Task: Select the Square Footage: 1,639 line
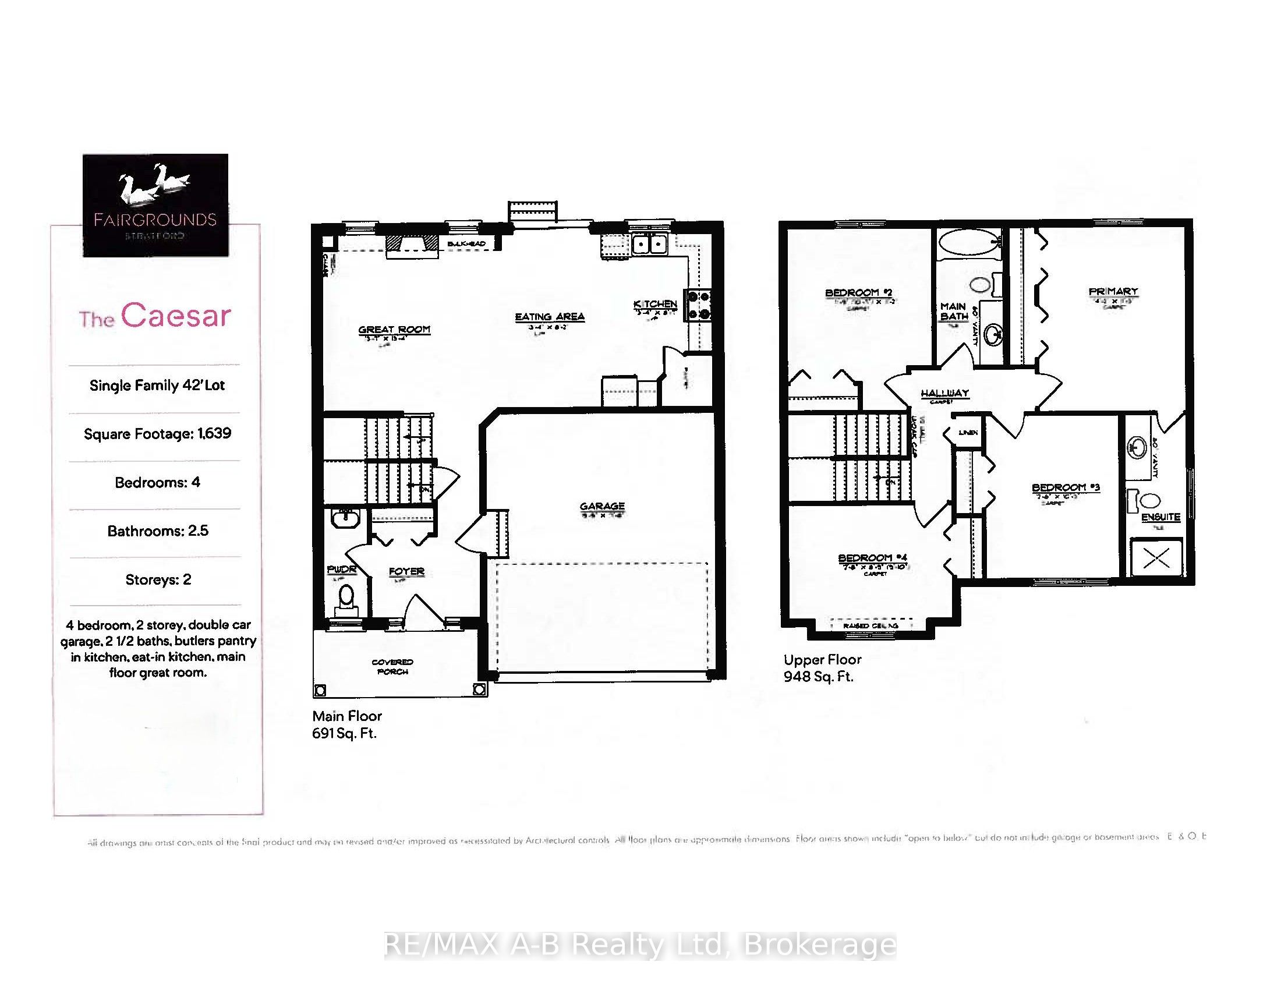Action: click(x=157, y=434)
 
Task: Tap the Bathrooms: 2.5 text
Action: click(x=158, y=531)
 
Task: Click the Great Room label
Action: click(x=394, y=330)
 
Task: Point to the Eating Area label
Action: click(x=550, y=317)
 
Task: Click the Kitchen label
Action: click(x=655, y=304)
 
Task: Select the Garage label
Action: click(x=602, y=506)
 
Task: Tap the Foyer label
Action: click(x=406, y=571)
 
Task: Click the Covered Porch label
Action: click(x=392, y=667)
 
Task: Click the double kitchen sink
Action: click(x=649, y=243)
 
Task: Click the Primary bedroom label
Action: click(x=1113, y=292)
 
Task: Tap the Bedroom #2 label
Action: click(x=859, y=293)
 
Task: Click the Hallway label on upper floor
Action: click(x=944, y=393)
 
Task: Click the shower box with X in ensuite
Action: click(x=1156, y=558)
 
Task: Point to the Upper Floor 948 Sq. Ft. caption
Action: click(x=822, y=668)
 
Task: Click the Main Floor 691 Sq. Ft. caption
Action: click(x=346, y=724)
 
